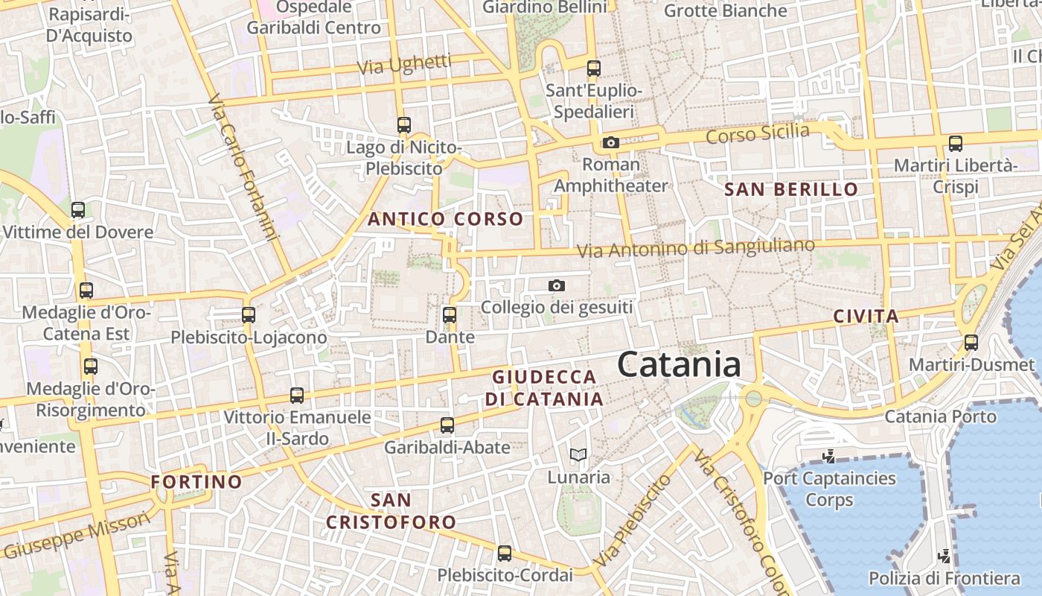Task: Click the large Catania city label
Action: coord(679,365)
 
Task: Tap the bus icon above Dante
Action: coord(450,315)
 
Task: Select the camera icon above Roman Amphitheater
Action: coord(611,142)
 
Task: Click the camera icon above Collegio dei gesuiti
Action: coord(556,285)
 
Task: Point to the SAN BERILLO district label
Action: coord(791,189)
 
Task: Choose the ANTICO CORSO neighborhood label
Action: coord(445,219)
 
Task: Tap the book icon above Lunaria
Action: coord(578,454)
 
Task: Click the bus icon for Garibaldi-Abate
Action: coord(447,425)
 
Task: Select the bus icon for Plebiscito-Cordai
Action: coord(505,554)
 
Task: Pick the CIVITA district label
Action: coord(866,316)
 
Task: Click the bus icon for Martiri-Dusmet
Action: coord(971,343)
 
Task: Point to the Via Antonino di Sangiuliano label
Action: coord(696,247)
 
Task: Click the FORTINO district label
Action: coord(196,482)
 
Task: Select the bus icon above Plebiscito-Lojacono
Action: coord(249,315)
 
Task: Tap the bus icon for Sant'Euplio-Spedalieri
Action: coord(593,69)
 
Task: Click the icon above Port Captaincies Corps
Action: coord(829,455)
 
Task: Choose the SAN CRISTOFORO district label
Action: coord(391,510)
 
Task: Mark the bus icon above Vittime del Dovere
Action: coord(78,210)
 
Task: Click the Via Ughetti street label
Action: coord(404,64)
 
